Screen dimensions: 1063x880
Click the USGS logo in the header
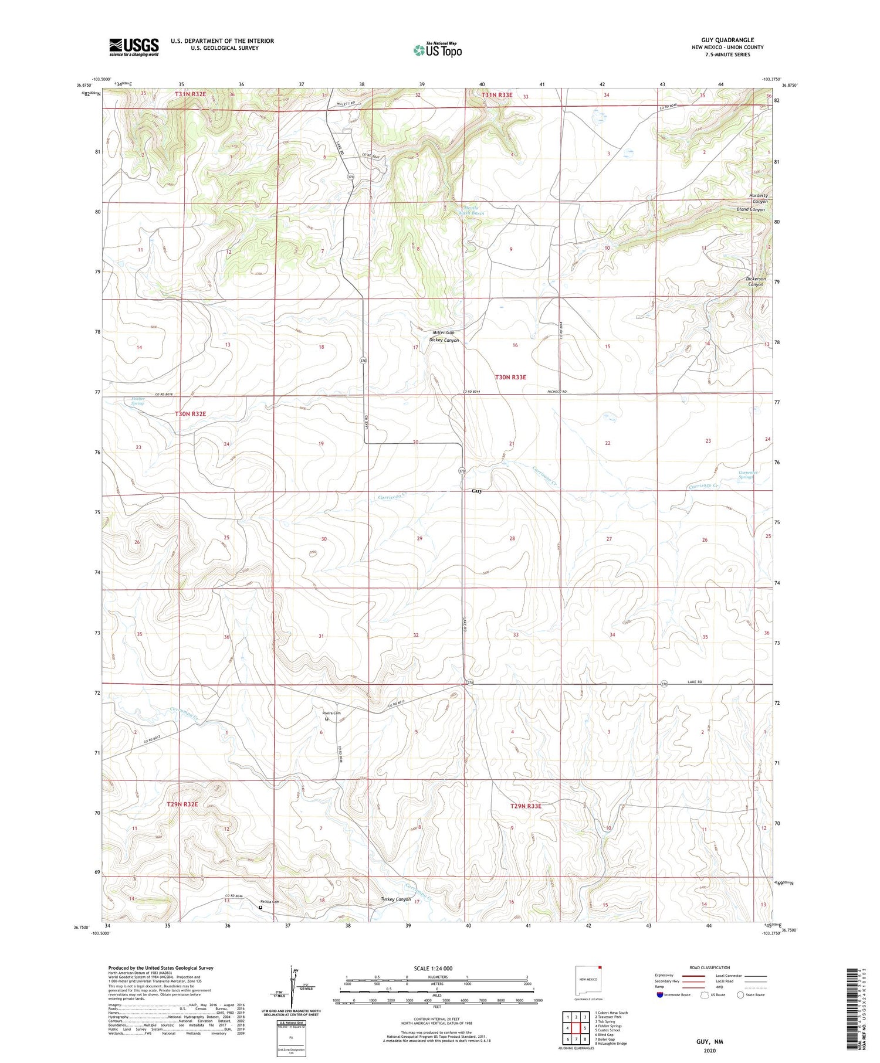coord(134,46)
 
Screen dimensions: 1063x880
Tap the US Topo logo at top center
coord(437,50)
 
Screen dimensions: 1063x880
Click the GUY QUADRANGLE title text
coord(727,40)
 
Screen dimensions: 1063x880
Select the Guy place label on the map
coord(476,491)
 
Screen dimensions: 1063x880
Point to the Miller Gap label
coord(444,332)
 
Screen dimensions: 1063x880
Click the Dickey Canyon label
coord(444,340)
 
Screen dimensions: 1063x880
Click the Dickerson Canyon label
coord(756,281)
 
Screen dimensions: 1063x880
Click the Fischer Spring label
coord(137,401)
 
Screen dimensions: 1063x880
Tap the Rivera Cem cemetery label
coord(331,713)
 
